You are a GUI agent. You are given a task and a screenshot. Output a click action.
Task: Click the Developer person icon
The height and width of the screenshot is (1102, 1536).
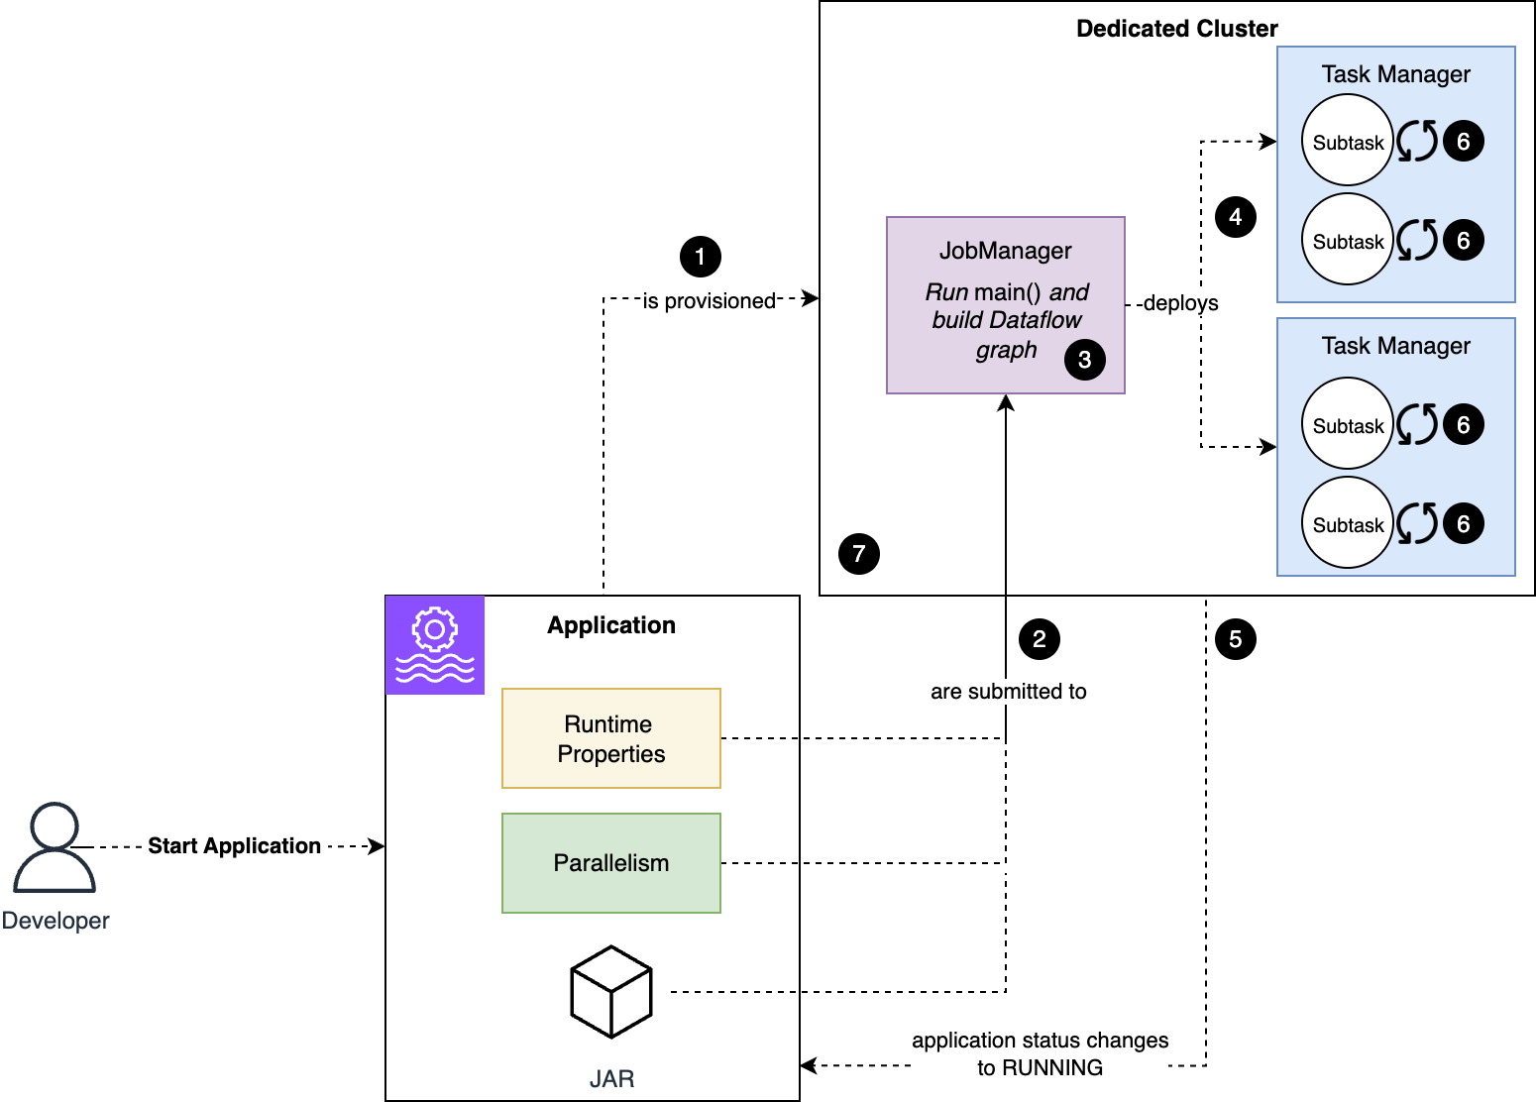pyautogui.click(x=55, y=848)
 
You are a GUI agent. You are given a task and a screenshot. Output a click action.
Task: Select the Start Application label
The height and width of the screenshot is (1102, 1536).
pyautogui.click(x=234, y=846)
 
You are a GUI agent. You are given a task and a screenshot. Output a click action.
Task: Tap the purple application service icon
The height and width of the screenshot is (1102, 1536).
pyautogui.click(x=435, y=645)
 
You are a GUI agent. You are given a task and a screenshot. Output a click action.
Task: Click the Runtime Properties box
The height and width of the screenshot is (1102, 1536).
pyautogui.click(x=611, y=738)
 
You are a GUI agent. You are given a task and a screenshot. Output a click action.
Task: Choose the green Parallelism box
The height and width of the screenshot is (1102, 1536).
pyautogui.click(x=611, y=863)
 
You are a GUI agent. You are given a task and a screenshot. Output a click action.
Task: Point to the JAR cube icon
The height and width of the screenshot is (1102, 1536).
pyautogui.click(x=611, y=992)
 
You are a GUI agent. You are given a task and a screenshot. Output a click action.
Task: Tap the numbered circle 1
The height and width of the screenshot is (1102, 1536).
pyautogui.click(x=700, y=257)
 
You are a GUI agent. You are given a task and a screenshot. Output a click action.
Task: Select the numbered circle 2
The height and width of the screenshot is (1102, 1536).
pyautogui.click(x=1039, y=639)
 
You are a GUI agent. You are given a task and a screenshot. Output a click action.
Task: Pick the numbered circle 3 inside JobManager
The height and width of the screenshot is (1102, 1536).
pyautogui.click(x=1084, y=360)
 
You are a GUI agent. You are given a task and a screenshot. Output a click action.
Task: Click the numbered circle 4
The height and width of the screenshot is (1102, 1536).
pyautogui.click(x=1235, y=217)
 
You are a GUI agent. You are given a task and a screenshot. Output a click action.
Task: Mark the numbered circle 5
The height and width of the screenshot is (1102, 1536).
pyautogui.click(x=1235, y=639)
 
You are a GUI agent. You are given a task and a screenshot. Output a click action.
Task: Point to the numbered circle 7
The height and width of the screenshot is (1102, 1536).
pyautogui.click(x=858, y=554)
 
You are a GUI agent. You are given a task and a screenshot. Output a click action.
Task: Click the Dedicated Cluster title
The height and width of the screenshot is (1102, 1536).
pyautogui.click(x=1176, y=29)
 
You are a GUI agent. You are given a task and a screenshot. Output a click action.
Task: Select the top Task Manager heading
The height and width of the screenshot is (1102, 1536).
pyautogui.click(x=1395, y=74)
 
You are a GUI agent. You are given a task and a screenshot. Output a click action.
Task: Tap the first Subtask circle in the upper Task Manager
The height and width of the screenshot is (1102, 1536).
pyautogui.click(x=1348, y=141)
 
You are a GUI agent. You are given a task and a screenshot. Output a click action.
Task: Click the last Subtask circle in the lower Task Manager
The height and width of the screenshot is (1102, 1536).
pyautogui.click(x=1348, y=523)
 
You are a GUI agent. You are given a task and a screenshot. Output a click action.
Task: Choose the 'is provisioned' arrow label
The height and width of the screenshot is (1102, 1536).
pyautogui.click(x=709, y=301)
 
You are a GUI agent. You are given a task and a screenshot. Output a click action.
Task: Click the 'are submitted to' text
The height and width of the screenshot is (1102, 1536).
pyautogui.click(x=1008, y=692)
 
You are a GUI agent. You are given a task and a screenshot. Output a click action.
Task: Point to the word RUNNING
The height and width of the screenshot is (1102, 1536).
pyautogui.click(x=1052, y=1068)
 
